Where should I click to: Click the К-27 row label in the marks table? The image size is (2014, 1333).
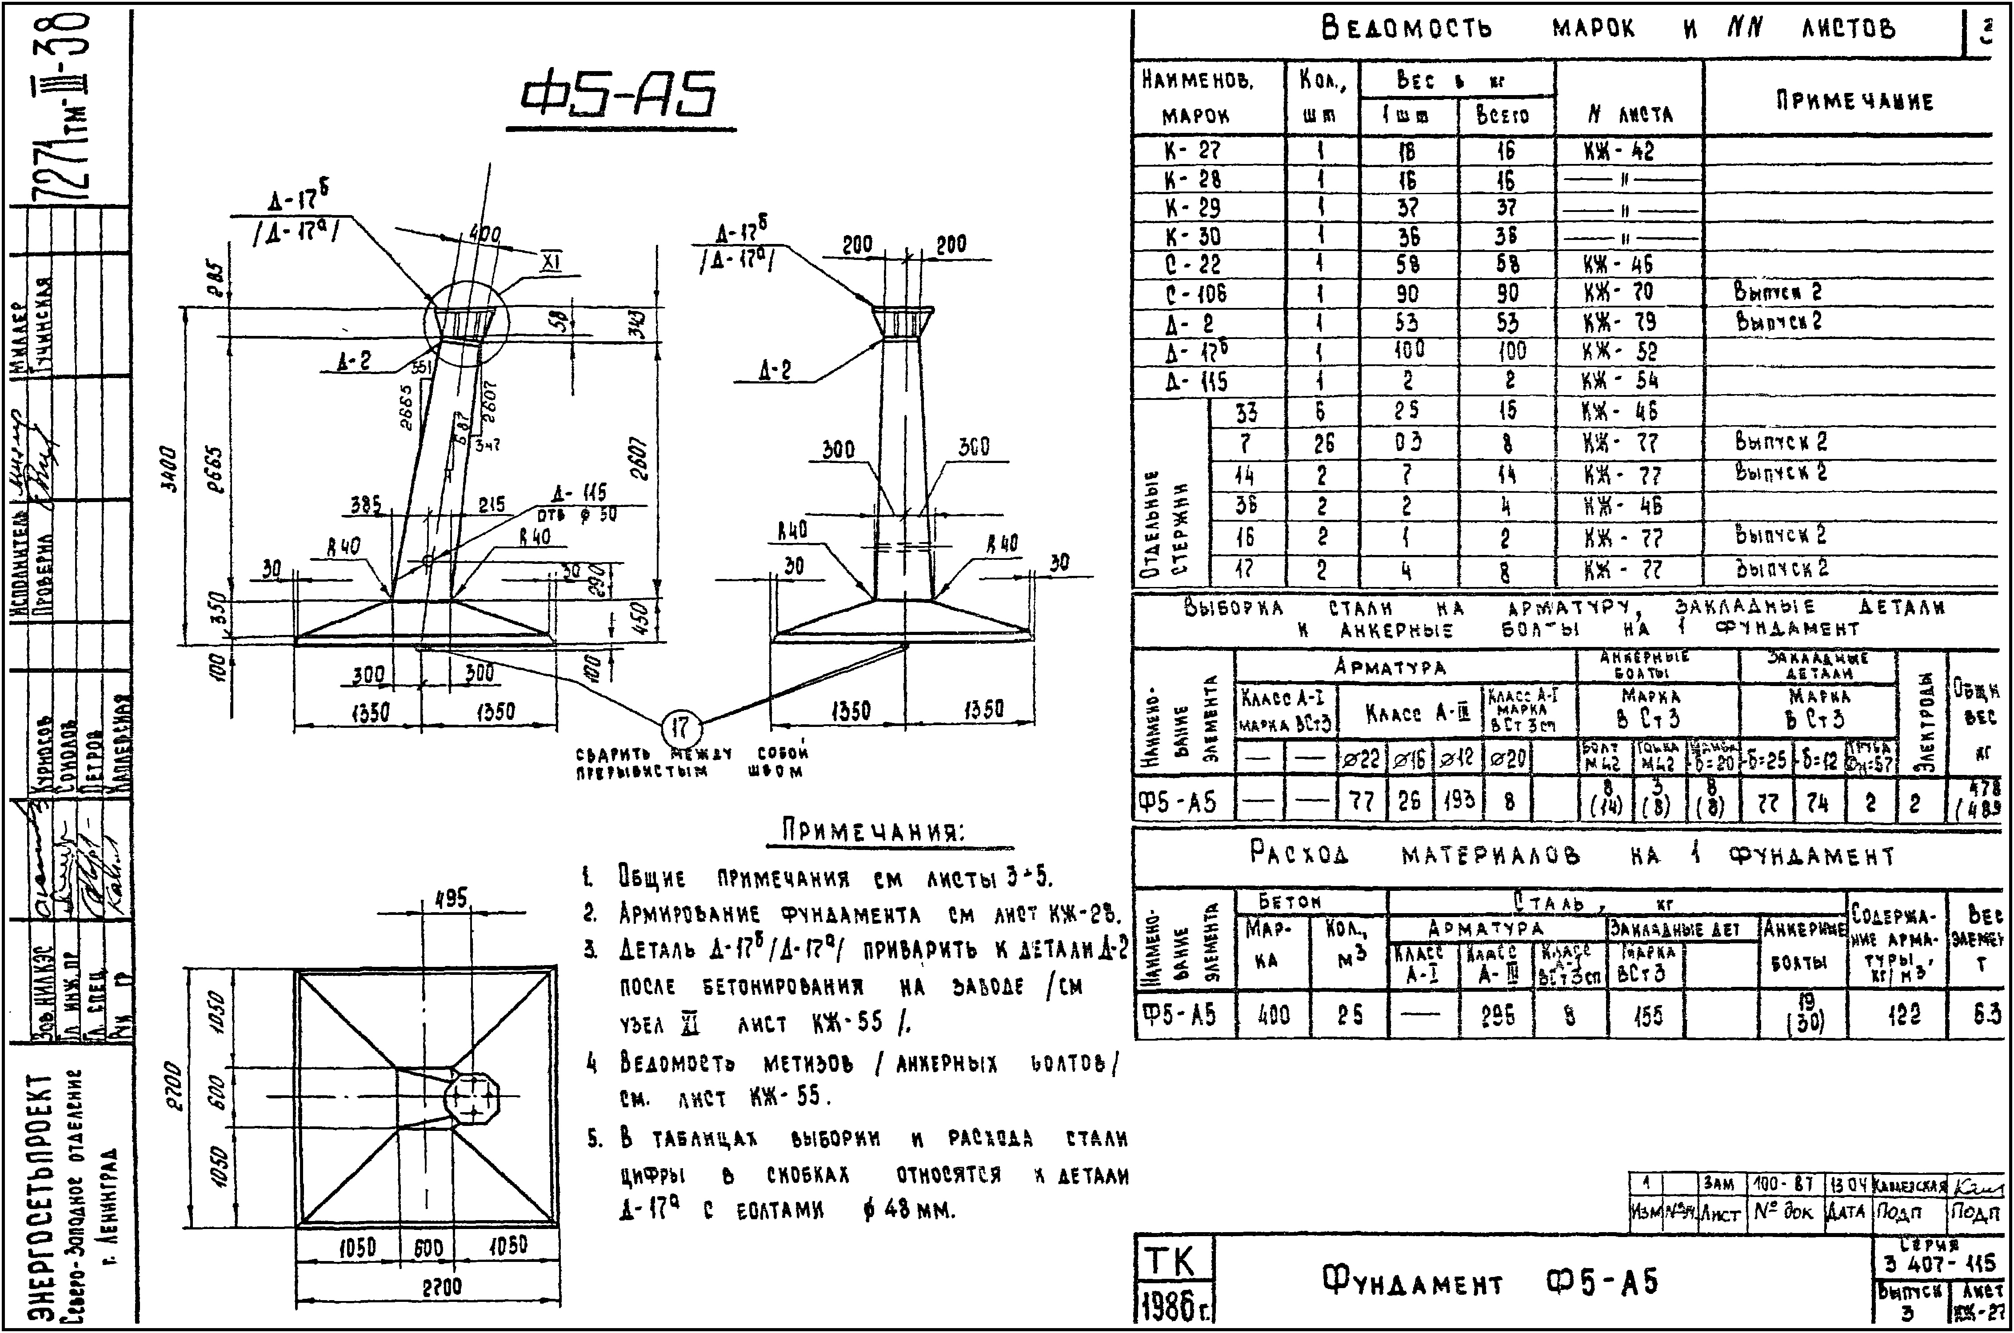pos(1192,151)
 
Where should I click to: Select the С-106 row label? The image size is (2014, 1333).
pos(1195,293)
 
